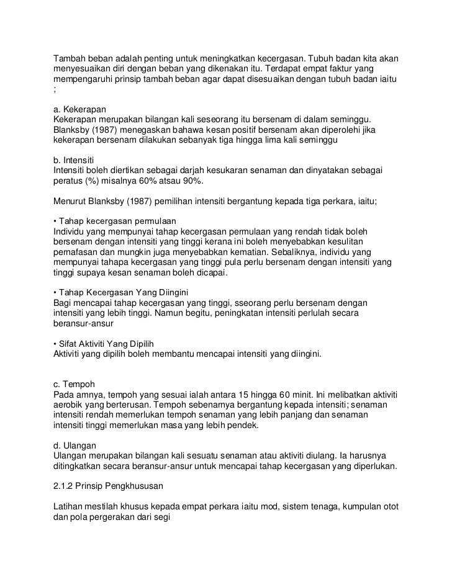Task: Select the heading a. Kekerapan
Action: [80, 107]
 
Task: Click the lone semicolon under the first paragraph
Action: [55, 91]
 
